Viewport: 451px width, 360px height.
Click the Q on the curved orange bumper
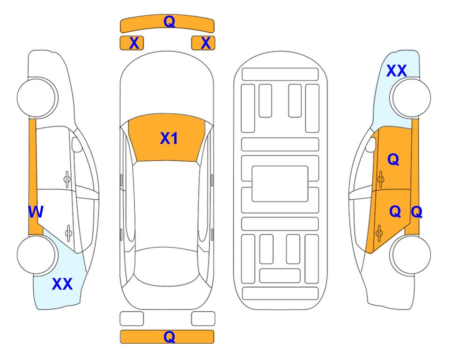point(169,21)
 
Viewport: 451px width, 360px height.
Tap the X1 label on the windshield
point(169,138)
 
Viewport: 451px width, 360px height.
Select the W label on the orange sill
point(36,212)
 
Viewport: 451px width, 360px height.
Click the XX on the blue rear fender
point(62,284)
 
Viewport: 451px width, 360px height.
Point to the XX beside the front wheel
point(397,71)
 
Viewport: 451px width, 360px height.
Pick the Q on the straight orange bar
point(169,337)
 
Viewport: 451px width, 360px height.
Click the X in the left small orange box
point(134,43)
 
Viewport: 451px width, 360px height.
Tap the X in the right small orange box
point(206,43)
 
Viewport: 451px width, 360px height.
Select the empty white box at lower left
point(132,319)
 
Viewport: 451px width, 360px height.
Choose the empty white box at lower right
point(203,319)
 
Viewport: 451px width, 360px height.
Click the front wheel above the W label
point(37,97)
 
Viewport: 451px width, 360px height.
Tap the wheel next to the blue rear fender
point(37,255)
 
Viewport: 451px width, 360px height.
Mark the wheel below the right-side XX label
point(410,97)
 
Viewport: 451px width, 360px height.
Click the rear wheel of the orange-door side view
point(410,255)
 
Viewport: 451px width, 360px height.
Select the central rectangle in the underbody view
point(280,184)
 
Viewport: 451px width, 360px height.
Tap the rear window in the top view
point(167,266)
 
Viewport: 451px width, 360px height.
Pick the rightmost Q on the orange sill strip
point(416,212)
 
